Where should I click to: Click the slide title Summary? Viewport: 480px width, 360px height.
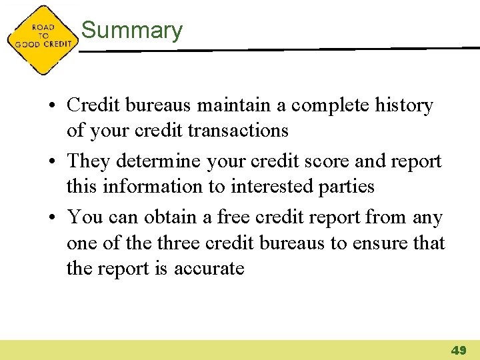coord(131,31)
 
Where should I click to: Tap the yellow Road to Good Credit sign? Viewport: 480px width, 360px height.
coord(42,40)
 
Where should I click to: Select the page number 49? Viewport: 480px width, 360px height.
coord(459,350)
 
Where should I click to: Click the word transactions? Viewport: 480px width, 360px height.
coord(238,130)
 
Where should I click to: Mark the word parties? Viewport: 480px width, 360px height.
coord(348,187)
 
